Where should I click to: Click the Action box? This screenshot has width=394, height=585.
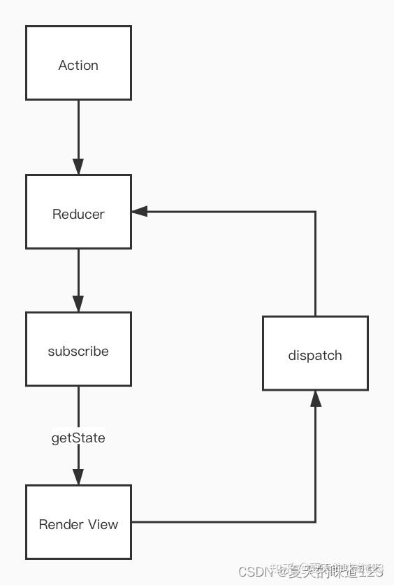click(78, 63)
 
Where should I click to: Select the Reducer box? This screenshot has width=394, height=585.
click(78, 212)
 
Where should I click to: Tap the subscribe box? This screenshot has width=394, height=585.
click(78, 349)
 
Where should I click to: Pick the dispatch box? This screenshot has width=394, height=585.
click(315, 353)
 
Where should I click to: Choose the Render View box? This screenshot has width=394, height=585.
click(78, 522)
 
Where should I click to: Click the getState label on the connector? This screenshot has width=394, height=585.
click(78, 438)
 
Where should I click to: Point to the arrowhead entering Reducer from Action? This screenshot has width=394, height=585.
click(78, 166)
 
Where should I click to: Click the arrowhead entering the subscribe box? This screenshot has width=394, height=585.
click(78, 303)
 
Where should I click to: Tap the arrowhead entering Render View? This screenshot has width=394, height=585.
click(78, 477)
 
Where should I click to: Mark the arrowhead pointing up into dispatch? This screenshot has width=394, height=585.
click(315, 398)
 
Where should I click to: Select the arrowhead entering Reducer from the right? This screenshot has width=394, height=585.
click(140, 211)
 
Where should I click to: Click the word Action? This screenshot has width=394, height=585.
click(78, 65)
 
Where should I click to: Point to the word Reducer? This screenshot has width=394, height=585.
click(78, 214)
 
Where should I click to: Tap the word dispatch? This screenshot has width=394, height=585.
click(315, 355)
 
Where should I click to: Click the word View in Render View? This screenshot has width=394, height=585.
click(103, 524)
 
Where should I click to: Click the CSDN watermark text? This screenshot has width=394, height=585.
click(256, 572)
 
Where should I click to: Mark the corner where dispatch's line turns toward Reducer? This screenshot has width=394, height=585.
click(315, 211)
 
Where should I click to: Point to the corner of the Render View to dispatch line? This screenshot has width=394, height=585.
click(315, 521)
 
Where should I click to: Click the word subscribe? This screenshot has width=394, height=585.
click(78, 351)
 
